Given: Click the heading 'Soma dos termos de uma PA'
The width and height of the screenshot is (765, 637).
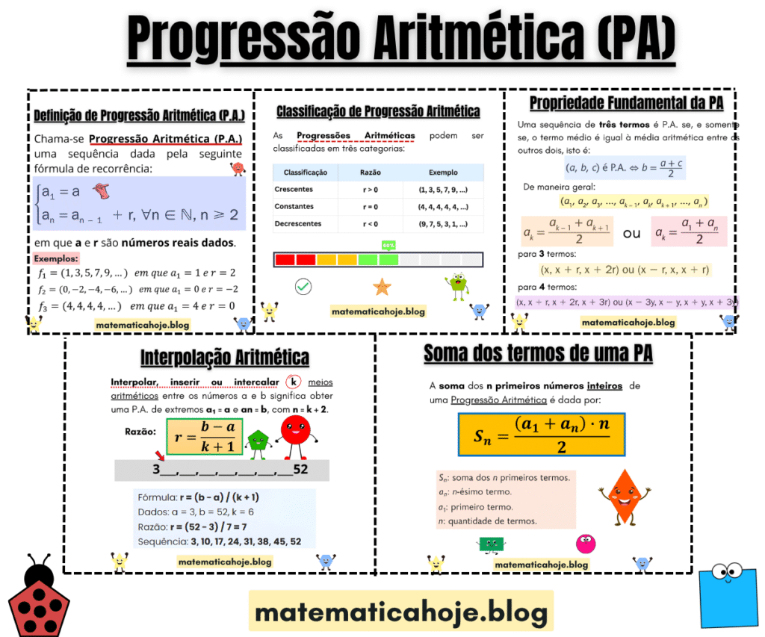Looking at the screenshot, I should tap(538, 354).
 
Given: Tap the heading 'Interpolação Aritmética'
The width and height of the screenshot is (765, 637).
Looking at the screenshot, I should tap(225, 358).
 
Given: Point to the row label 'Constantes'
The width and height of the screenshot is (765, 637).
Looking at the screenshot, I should tap(294, 206).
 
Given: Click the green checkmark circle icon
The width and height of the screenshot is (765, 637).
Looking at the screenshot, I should tap(303, 286).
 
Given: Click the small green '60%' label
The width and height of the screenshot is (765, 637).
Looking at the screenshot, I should tap(388, 245).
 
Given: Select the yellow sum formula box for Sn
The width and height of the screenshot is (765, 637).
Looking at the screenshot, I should tap(542, 435).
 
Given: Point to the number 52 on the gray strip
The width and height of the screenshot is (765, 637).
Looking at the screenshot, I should tap(300, 470).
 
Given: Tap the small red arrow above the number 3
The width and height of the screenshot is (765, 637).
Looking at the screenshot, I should tap(159, 455).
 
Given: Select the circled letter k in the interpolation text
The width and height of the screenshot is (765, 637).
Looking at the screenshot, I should tap(294, 382).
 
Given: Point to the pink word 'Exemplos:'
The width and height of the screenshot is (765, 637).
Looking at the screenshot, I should tap(57, 258).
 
